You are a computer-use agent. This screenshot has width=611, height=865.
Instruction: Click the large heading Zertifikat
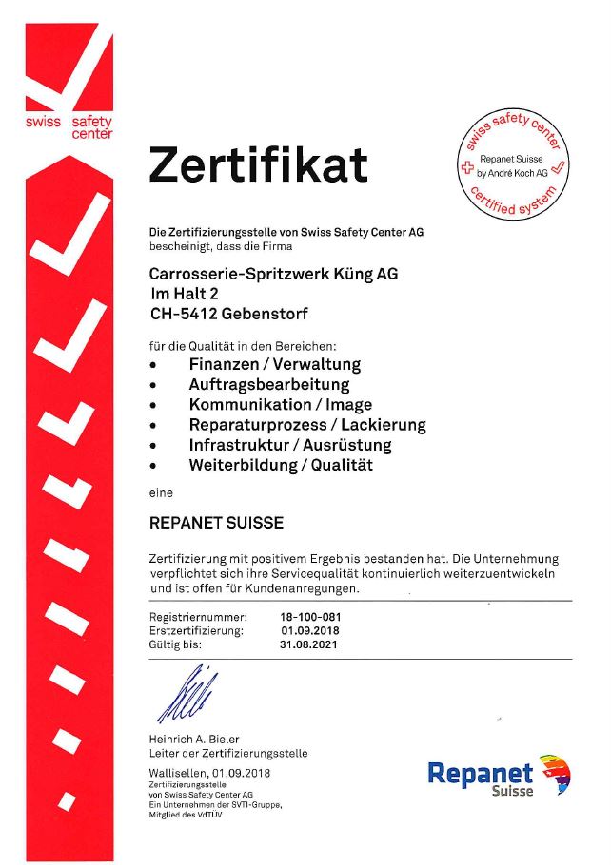click(x=257, y=165)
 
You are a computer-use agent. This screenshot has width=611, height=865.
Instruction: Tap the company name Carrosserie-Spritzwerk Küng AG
click(x=273, y=274)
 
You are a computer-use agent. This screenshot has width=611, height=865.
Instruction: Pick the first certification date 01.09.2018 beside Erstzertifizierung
click(x=309, y=630)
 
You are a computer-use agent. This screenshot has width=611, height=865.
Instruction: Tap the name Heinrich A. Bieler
click(x=194, y=740)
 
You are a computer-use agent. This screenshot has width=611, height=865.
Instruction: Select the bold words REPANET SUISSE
click(x=217, y=524)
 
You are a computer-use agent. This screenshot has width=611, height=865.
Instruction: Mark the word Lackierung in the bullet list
click(x=380, y=425)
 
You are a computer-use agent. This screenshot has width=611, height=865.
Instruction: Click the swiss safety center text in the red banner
click(x=69, y=127)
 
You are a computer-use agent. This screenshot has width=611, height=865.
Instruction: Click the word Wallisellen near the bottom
click(x=179, y=773)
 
